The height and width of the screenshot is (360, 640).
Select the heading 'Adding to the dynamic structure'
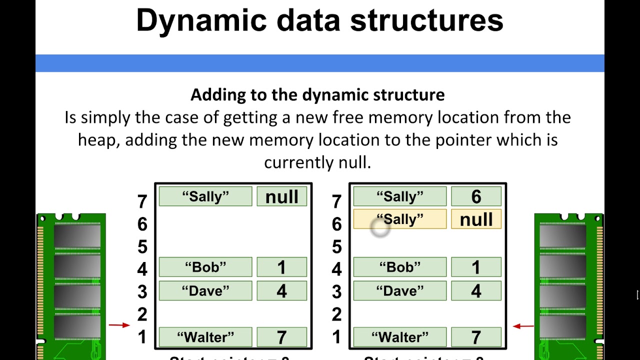pyautogui.click(x=317, y=94)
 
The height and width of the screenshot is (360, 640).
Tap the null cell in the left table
pyautogui.click(x=282, y=196)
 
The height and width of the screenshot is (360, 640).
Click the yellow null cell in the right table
pyautogui.click(x=476, y=219)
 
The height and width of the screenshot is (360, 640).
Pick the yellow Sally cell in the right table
pyautogui.click(x=400, y=219)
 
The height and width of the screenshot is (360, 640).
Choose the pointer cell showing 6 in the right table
pyautogui.click(x=476, y=196)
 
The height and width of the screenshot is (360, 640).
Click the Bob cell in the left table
pyautogui.click(x=205, y=267)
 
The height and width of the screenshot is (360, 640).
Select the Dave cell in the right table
pyautogui.click(x=400, y=290)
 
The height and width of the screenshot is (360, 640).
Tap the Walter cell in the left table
pyautogui.click(x=205, y=337)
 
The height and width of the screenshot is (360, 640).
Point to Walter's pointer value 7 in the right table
pyautogui.click(x=476, y=337)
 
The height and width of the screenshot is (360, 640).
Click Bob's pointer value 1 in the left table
pyautogui.click(x=282, y=267)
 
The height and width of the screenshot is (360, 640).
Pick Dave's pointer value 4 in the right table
pyautogui.click(x=476, y=290)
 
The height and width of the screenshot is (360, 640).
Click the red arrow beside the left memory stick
pyautogui.click(x=119, y=325)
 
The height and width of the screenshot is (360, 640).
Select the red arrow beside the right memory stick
pyautogui.click(x=523, y=326)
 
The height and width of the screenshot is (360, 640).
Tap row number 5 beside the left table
pyautogui.click(x=142, y=246)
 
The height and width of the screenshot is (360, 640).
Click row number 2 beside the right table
pyautogui.click(x=337, y=314)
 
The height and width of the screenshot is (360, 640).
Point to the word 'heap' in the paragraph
pyautogui.click(x=97, y=140)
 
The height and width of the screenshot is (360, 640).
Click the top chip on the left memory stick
pyautogui.click(x=76, y=236)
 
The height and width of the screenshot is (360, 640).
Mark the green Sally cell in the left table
pyautogui.click(x=205, y=196)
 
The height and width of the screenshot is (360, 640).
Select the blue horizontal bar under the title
pyautogui.click(x=320, y=63)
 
